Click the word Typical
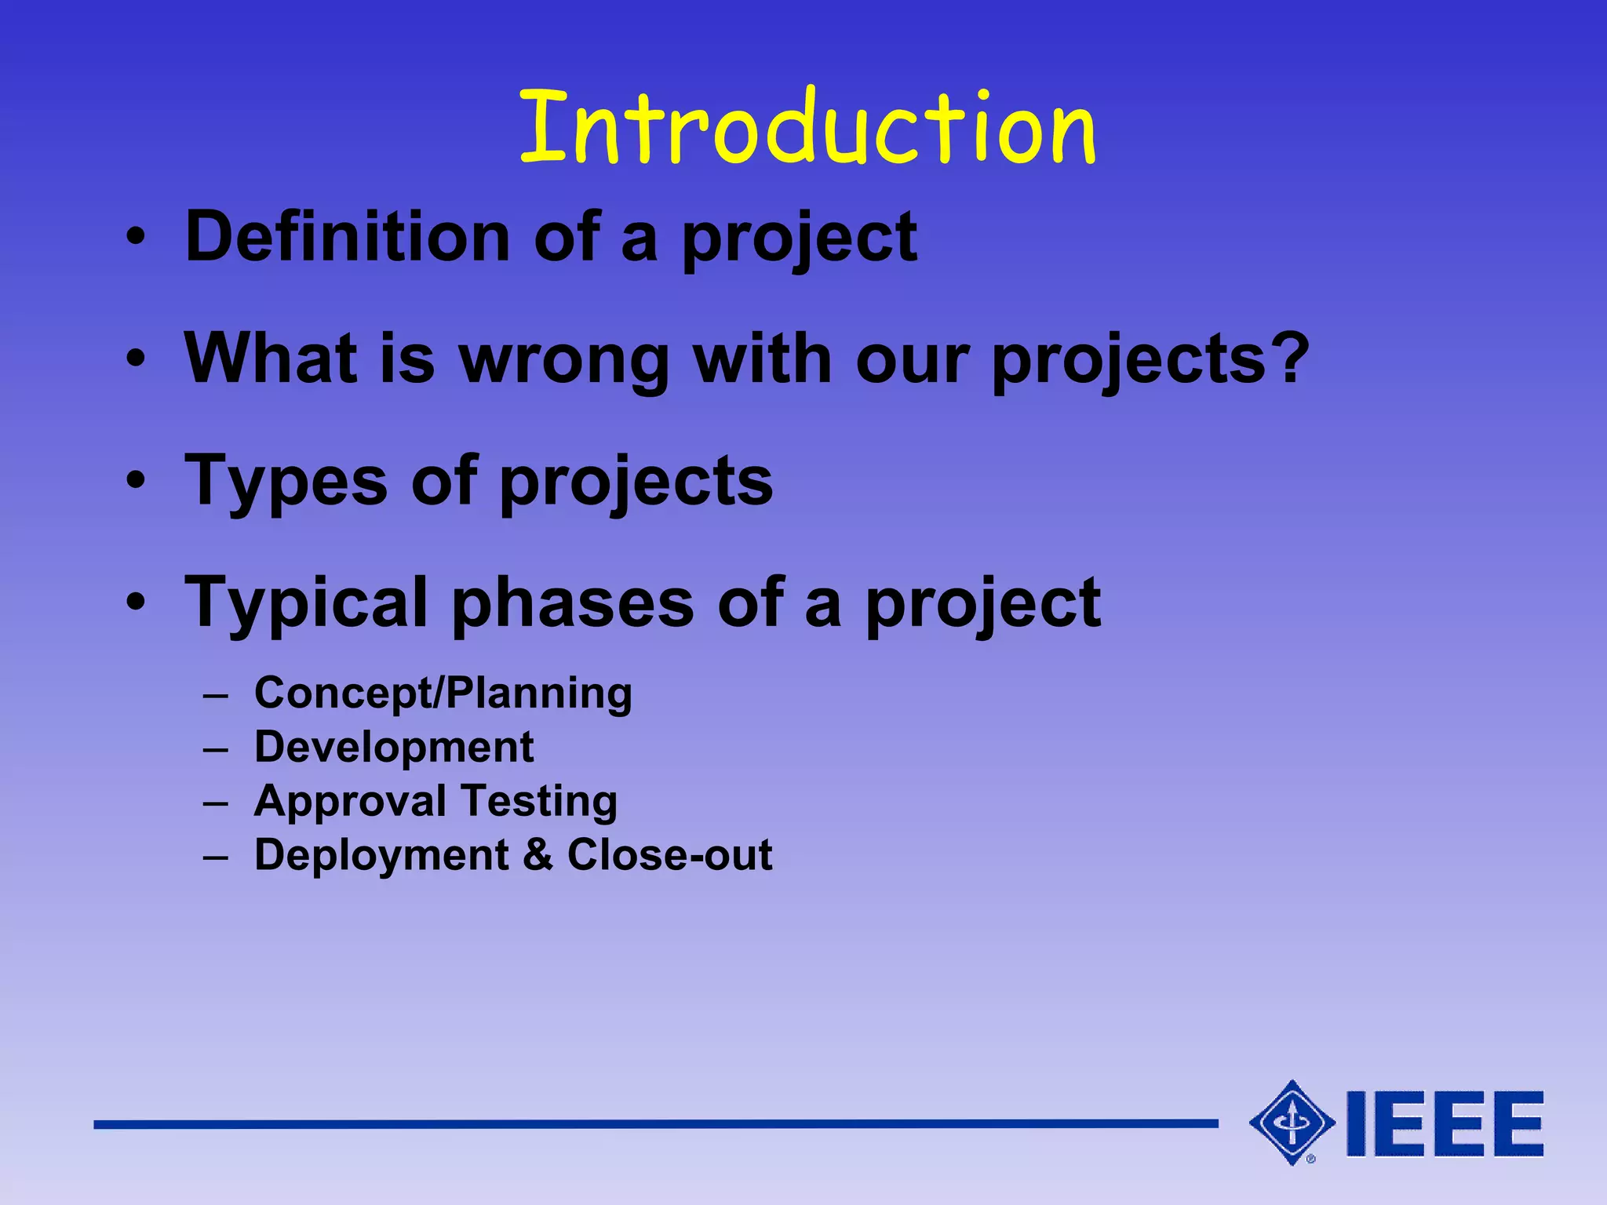click(x=306, y=603)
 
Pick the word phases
click(x=573, y=603)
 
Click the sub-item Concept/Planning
click(x=443, y=694)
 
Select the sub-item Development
click(x=394, y=747)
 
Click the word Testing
click(x=539, y=802)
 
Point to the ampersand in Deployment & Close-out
click(x=537, y=854)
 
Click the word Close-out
click(x=669, y=854)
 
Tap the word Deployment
click(x=381, y=856)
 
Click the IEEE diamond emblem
click(x=1292, y=1123)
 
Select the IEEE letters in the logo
click(x=1445, y=1123)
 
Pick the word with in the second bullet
click(x=762, y=359)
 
